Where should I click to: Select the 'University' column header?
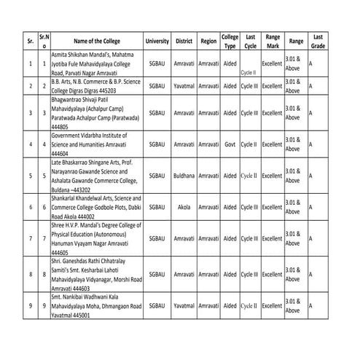157,42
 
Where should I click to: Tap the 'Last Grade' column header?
318,42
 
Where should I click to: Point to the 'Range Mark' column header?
273,42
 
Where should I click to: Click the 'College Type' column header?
230,42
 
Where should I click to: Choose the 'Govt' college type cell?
230,144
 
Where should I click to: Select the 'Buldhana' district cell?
189,176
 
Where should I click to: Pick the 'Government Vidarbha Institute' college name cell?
95,144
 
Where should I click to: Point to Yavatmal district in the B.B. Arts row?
189,87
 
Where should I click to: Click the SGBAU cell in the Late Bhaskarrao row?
157,176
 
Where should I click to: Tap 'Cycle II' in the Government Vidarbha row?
250,144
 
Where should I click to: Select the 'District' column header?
189,42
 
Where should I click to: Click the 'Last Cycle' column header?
250,42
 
